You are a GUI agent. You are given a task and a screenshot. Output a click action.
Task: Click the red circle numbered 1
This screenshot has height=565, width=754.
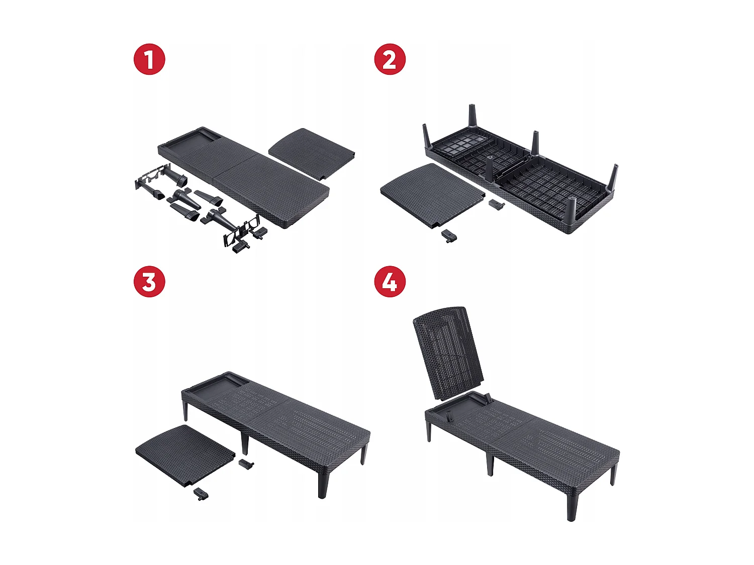click(x=149, y=59)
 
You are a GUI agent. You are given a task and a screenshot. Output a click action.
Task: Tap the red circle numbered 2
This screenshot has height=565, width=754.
click(x=390, y=59)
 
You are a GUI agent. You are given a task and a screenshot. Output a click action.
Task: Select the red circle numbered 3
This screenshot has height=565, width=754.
click(x=149, y=282)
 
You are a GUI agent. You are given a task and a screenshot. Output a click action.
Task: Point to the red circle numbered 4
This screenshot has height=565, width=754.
click(x=390, y=282)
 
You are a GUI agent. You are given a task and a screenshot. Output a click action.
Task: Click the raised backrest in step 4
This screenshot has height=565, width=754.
click(x=447, y=354)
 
